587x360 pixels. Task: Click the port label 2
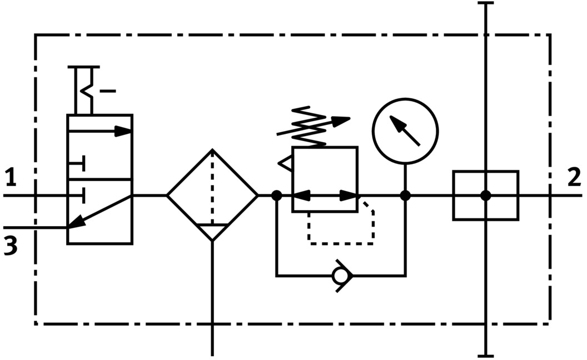point(574,177)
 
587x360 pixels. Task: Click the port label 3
point(11,244)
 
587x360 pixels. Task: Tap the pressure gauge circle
point(405,131)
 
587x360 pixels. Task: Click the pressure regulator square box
point(325,179)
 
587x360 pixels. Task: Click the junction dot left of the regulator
point(276,196)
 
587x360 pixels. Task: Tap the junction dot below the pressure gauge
point(405,196)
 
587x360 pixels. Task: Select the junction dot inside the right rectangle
point(485,196)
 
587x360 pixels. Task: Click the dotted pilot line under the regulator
point(340,243)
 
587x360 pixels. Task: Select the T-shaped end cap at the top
point(485,4)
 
